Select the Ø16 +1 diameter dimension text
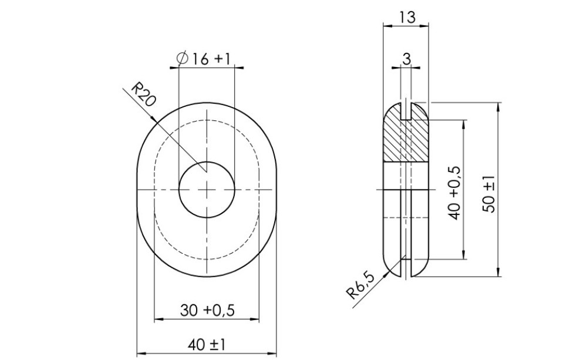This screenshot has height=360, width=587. [x=203, y=58]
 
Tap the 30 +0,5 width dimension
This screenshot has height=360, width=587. [x=207, y=311]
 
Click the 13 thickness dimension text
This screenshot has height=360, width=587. [x=406, y=17]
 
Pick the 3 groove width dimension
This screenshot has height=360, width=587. [x=406, y=58]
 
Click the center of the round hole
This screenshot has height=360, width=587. [x=207, y=189]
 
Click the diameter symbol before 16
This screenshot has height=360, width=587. [x=182, y=58]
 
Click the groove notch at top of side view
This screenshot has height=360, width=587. [x=406, y=112]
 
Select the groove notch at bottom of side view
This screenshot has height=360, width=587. [x=406, y=267]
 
